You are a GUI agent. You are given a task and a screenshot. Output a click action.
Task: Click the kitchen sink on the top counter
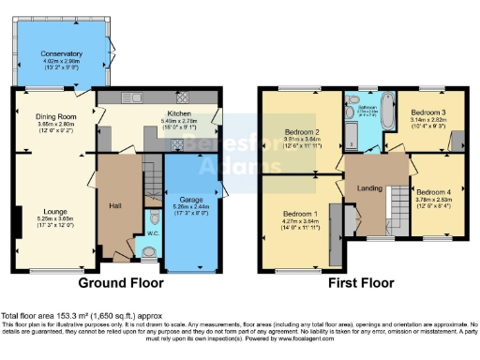tap(135, 97)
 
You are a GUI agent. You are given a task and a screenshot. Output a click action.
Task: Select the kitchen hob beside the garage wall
tap(183, 97)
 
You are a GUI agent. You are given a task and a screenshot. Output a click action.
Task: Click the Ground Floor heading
tap(120, 282)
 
